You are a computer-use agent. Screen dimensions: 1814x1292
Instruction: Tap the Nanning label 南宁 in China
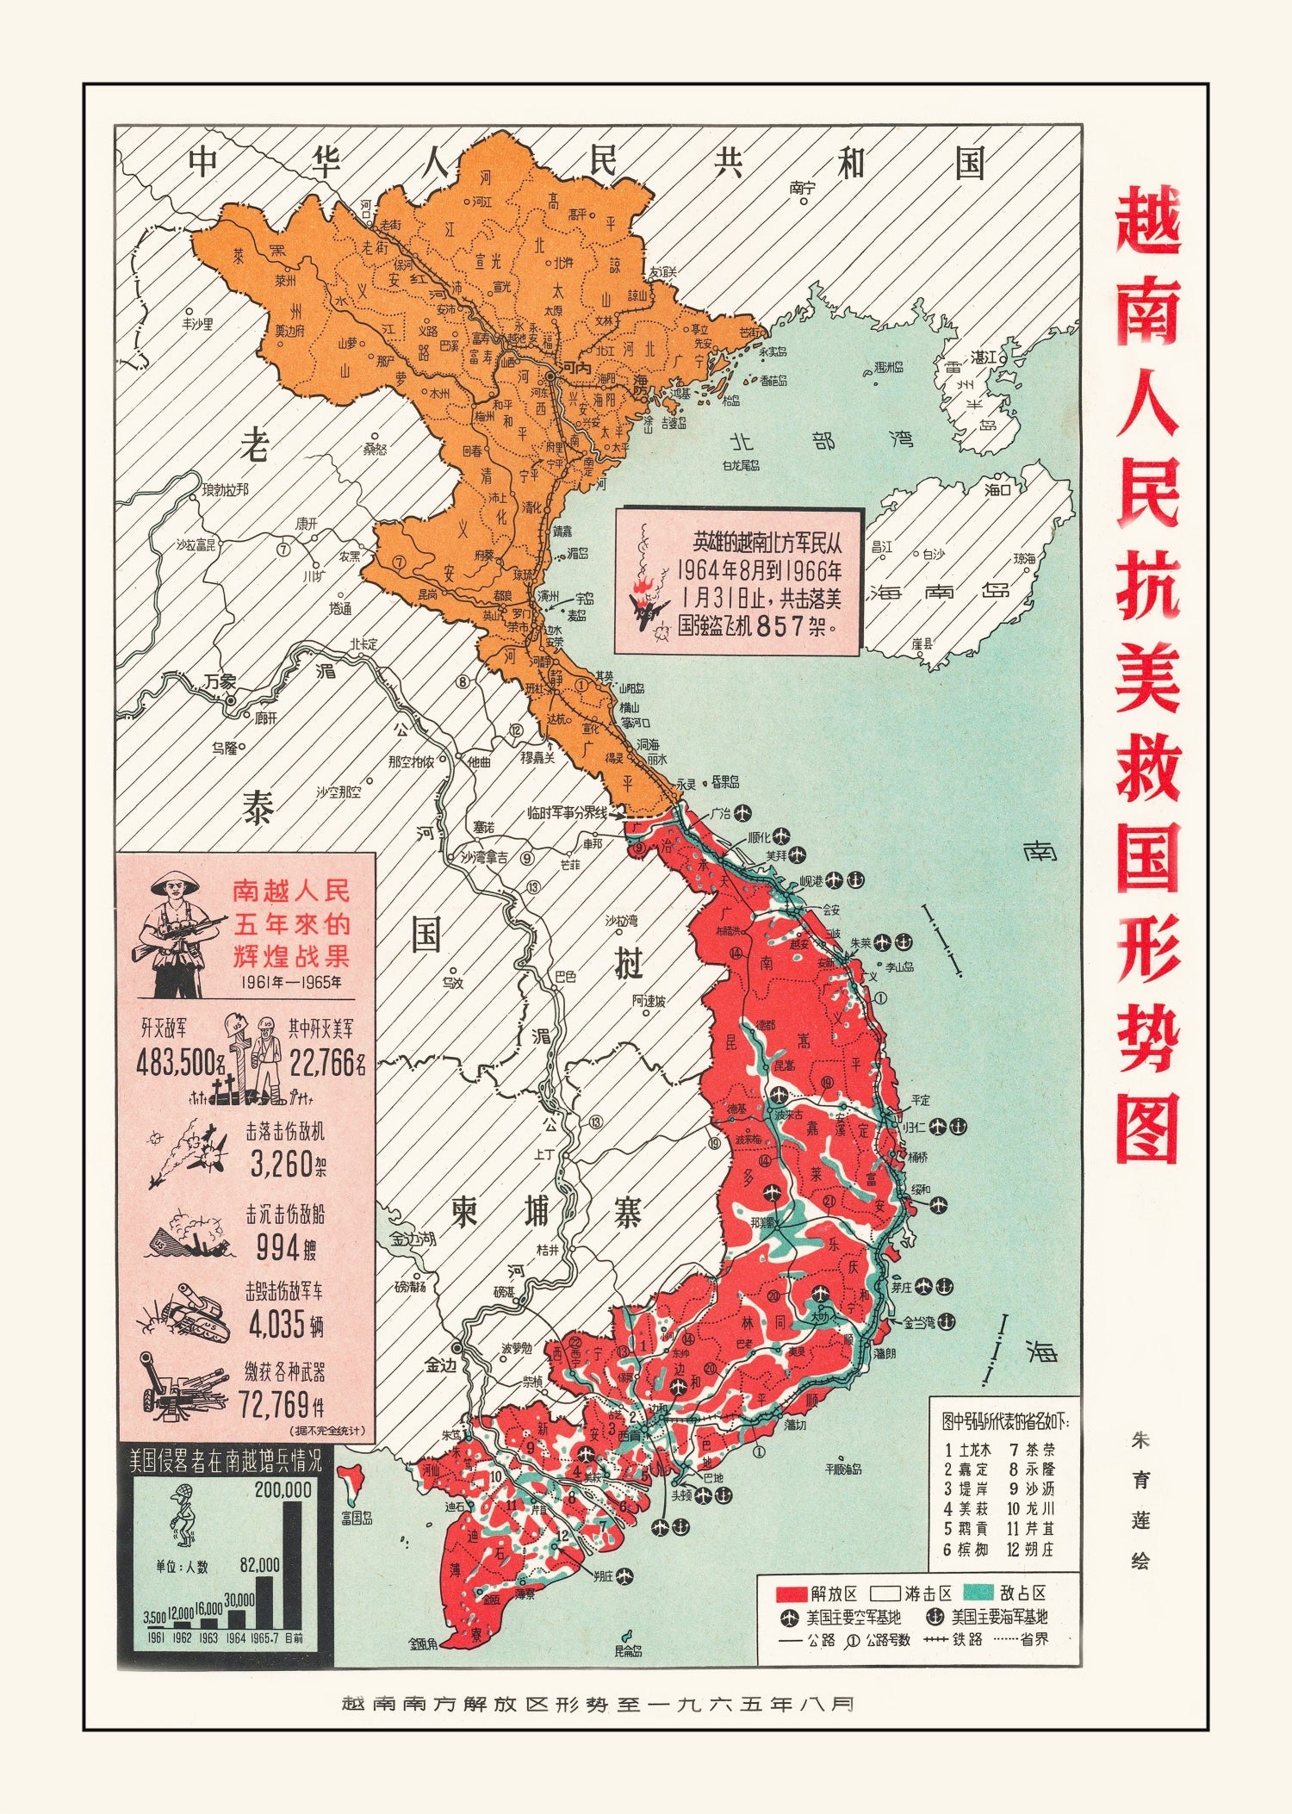[801, 186]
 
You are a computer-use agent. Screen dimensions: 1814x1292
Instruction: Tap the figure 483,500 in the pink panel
[176, 1064]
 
